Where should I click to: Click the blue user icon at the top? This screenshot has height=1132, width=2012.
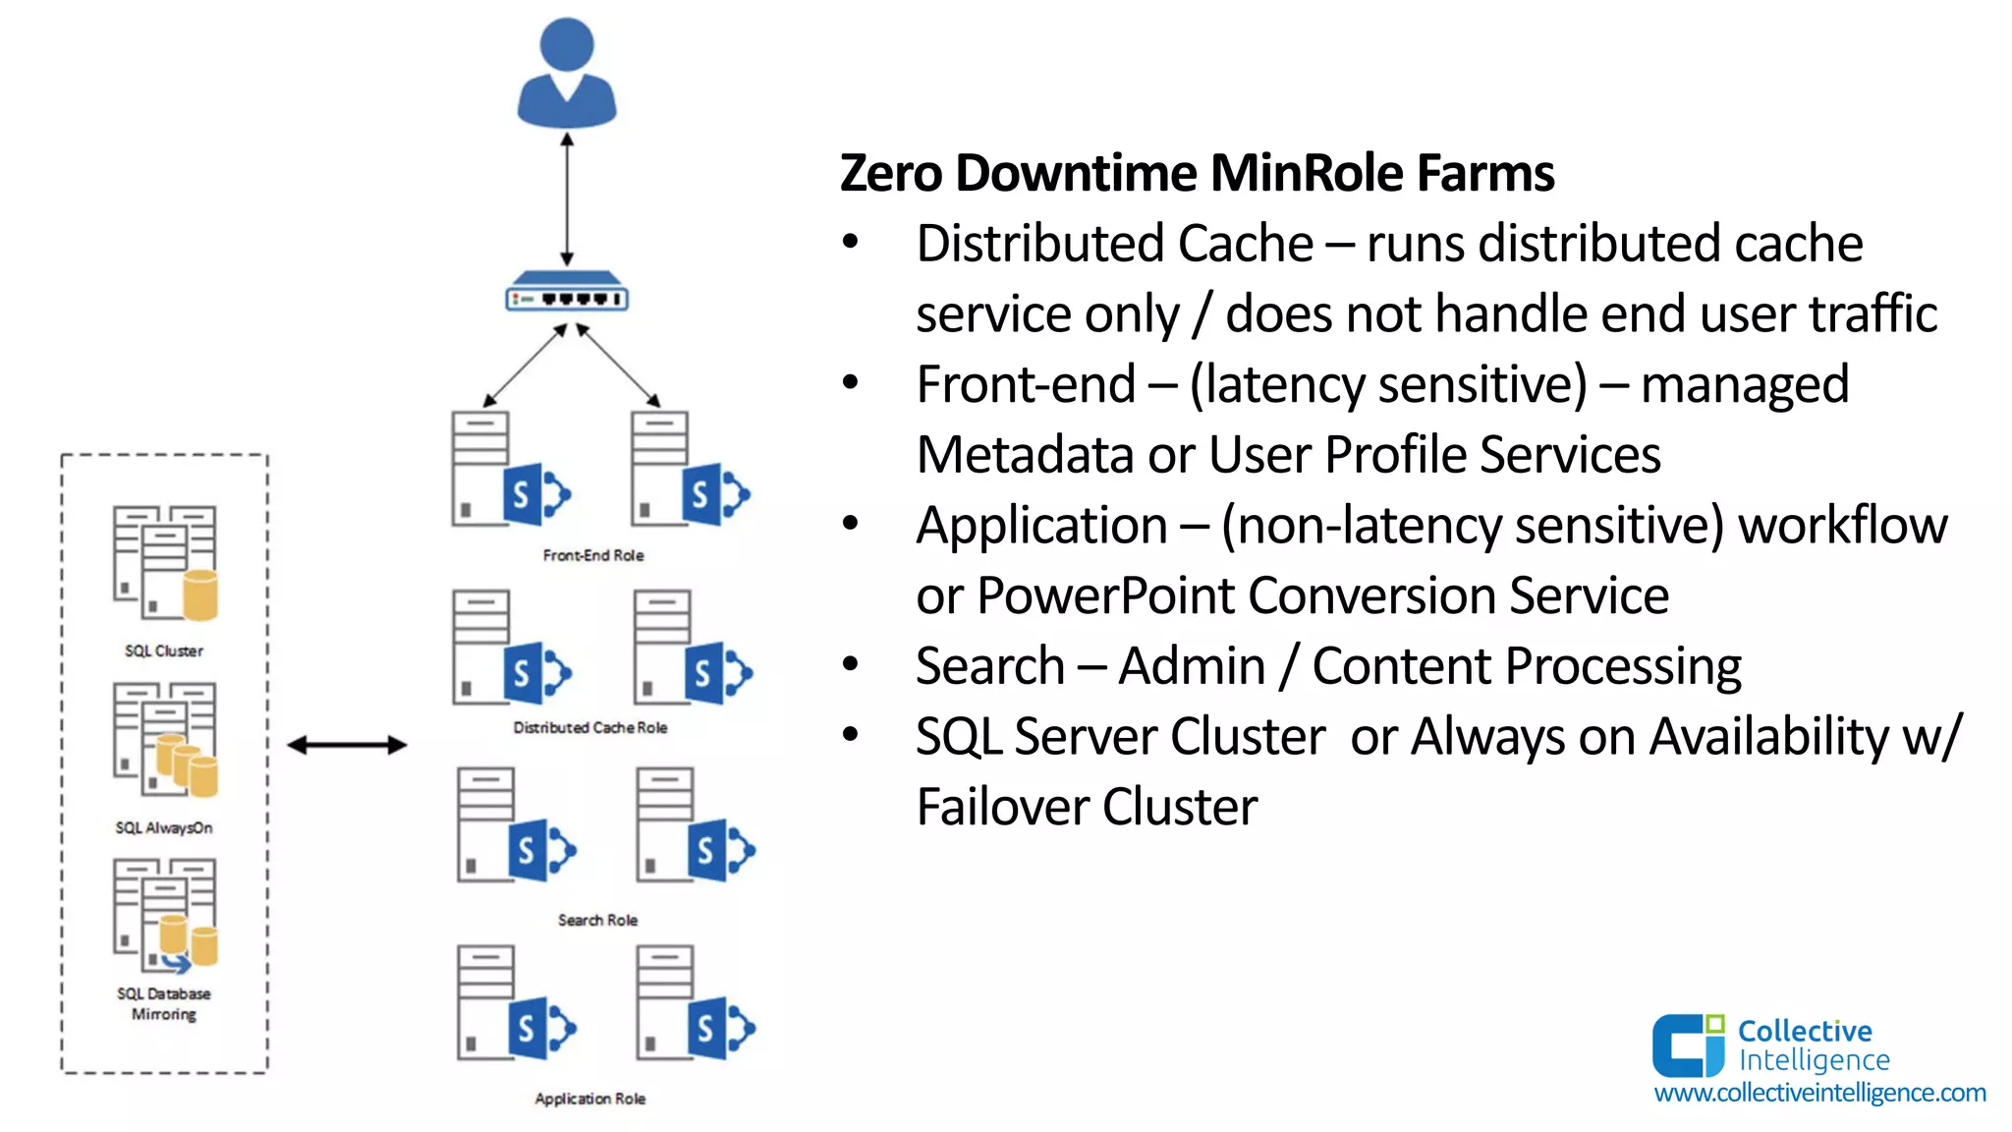click(567, 75)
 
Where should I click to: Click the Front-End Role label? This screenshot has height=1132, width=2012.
click(593, 555)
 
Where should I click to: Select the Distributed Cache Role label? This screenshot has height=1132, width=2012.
click(590, 727)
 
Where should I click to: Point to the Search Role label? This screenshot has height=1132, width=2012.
click(597, 920)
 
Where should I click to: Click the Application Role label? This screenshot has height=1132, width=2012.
click(590, 1099)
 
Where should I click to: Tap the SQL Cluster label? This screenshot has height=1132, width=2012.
click(164, 651)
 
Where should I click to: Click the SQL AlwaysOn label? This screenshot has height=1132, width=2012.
click(164, 827)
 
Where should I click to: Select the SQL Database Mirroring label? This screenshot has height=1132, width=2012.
click(164, 1003)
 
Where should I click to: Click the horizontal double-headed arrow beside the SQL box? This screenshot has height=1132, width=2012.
click(347, 745)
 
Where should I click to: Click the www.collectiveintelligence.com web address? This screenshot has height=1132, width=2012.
click(1819, 1093)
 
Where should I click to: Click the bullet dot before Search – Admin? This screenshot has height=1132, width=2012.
click(851, 664)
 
